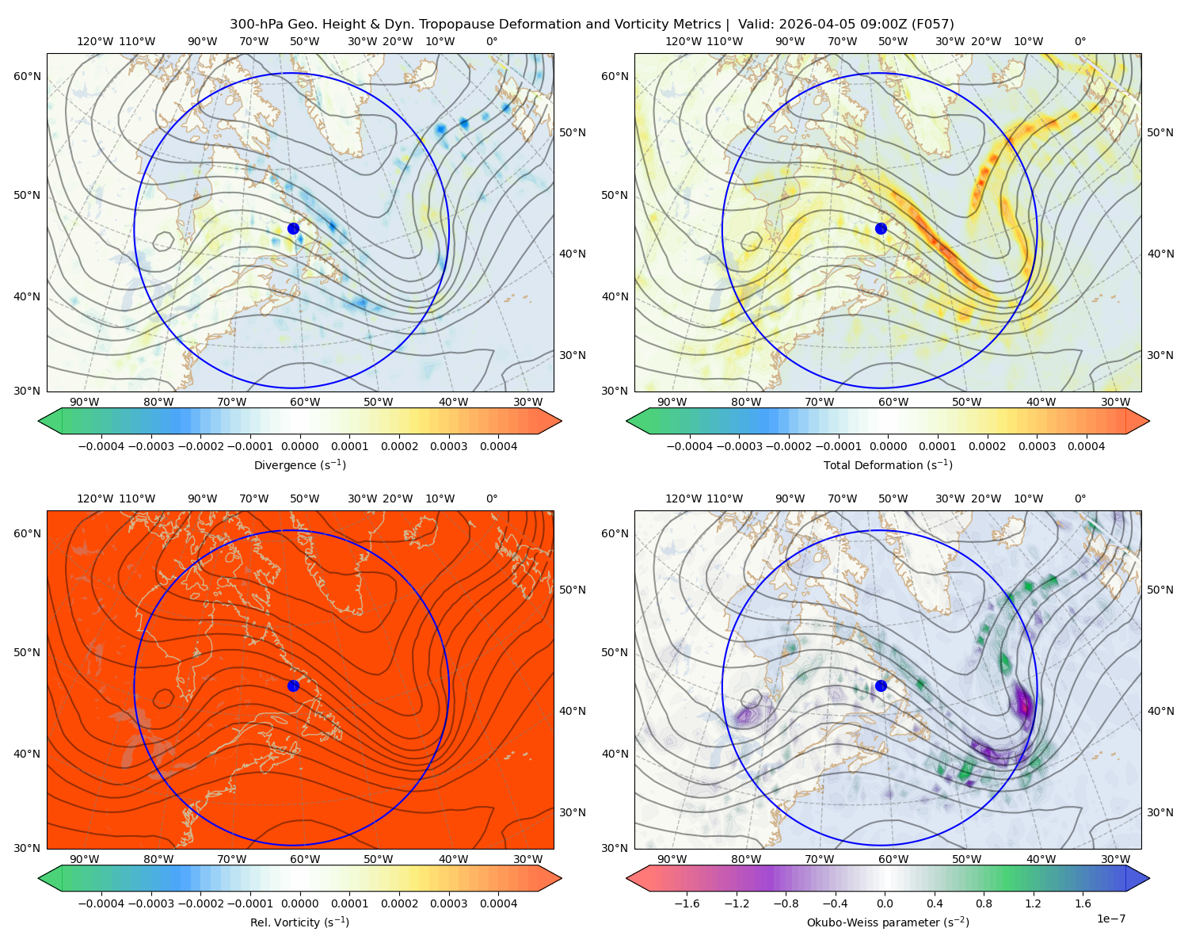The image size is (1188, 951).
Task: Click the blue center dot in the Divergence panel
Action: coord(293,228)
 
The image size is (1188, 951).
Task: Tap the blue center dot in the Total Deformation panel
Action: coord(881,228)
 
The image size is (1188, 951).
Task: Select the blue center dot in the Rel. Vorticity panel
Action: coord(293,686)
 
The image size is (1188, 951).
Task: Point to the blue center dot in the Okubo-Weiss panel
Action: coord(881,686)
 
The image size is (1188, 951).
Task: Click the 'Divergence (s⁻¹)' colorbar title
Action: coord(299,464)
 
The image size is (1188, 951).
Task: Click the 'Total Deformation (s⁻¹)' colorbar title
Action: coord(888,464)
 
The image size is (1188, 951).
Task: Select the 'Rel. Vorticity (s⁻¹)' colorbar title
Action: coord(299,922)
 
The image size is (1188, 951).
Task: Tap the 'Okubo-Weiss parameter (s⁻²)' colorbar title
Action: coord(888,922)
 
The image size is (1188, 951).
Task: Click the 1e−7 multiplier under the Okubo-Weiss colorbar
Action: coord(1110,919)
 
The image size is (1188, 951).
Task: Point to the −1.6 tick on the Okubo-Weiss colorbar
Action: coord(687,903)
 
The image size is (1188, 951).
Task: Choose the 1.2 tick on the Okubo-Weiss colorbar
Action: coord(1033,903)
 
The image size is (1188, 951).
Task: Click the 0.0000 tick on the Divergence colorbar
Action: coord(299,446)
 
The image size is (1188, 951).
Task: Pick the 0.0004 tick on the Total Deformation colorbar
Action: coord(1086,446)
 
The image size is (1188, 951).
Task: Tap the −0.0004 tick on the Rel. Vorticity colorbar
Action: coord(101,903)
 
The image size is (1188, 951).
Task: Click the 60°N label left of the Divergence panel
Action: coord(27,76)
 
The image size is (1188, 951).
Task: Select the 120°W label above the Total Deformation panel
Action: coord(683,41)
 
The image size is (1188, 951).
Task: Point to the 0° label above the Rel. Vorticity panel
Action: coord(492,498)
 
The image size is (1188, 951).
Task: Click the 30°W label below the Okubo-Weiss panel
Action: coord(1116,859)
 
